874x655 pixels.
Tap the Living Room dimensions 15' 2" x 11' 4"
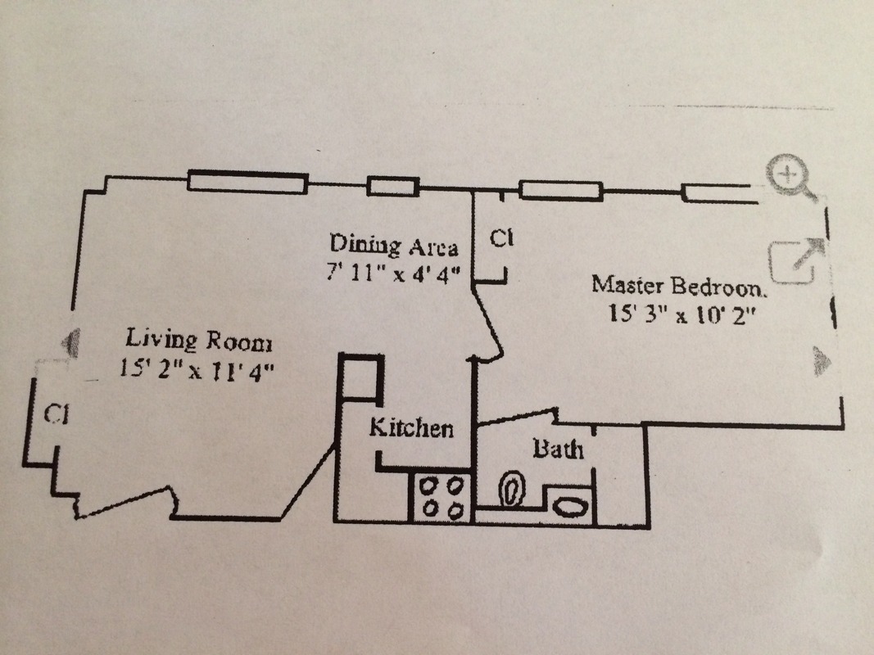click(196, 368)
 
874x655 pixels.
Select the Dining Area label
click(393, 245)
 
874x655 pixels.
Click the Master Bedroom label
click(681, 286)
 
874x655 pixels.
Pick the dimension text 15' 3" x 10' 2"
click(681, 313)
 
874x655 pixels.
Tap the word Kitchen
click(410, 427)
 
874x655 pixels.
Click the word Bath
click(559, 449)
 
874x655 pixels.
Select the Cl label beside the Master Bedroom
click(500, 238)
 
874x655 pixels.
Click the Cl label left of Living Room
click(55, 413)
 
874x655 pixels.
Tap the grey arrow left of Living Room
click(72, 341)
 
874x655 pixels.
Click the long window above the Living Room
click(247, 182)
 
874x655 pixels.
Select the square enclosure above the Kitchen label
click(361, 377)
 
